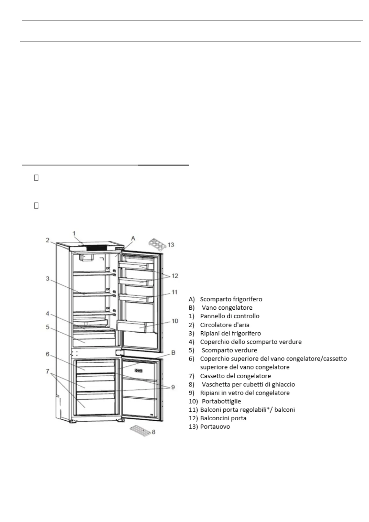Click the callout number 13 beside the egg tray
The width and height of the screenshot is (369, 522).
coord(171,245)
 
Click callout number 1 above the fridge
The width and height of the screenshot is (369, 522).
coord(74,233)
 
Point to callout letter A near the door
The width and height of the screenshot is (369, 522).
coord(133,238)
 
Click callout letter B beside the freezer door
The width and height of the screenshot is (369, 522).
coord(173,352)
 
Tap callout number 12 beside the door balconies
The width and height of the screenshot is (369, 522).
coord(175,276)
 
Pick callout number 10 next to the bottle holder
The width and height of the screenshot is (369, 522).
coord(175,321)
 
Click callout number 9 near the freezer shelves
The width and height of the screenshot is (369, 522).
coord(173,387)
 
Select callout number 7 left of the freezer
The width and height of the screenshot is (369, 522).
coord(47,371)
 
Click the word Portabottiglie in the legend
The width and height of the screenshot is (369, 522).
coord(221,401)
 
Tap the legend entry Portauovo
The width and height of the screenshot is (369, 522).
coord(215,427)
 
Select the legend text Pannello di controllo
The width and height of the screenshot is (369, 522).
coord(230,316)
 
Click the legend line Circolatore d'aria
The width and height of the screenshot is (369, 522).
coord(225,325)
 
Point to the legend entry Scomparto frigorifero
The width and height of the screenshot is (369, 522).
coord(231,299)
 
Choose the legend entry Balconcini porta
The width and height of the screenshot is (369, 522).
coord(223,418)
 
